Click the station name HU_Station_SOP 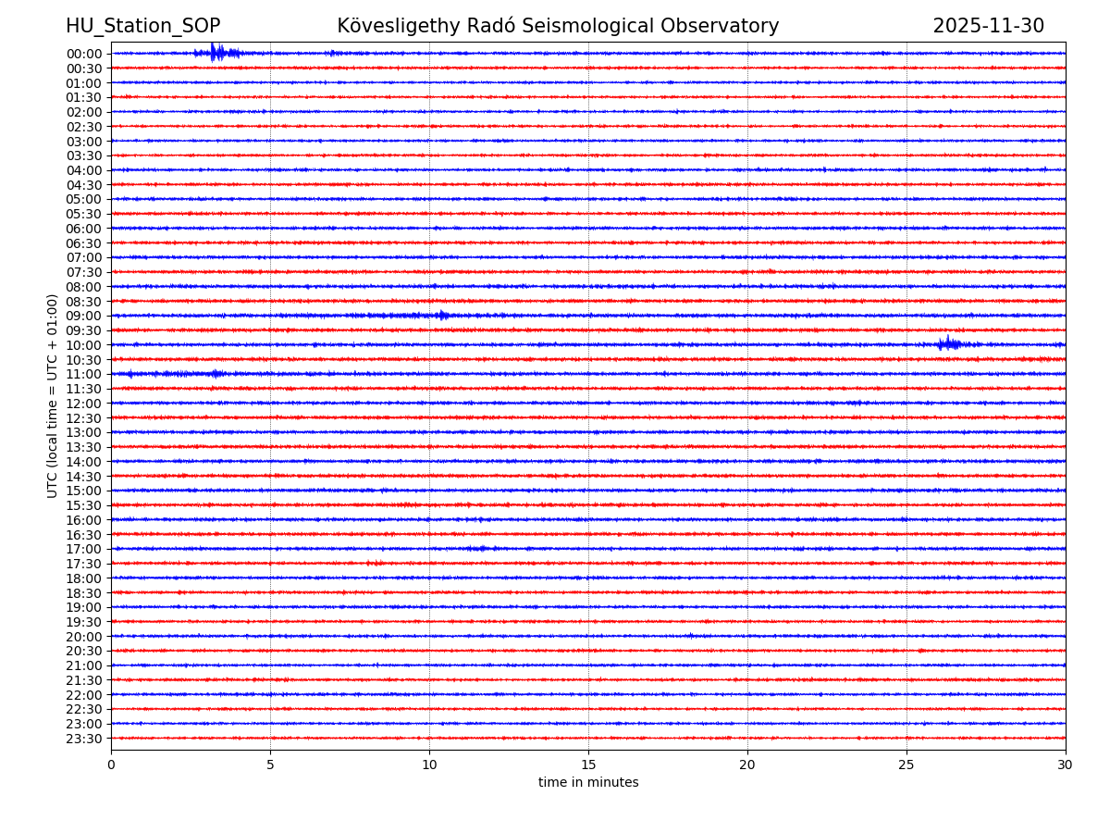click(142, 26)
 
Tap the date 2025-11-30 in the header click(988, 26)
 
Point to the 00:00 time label click(84, 54)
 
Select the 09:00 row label click(84, 316)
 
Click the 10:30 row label click(84, 360)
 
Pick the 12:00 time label click(84, 404)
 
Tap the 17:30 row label click(84, 564)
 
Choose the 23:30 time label click(84, 739)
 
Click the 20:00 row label click(84, 637)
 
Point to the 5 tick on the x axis click(270, 765)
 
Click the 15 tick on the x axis click(588, 765)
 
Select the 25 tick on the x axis click(906, 765)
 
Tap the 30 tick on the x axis click(1066, 765)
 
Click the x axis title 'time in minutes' click(588, 783)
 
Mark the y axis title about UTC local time click(54, 395)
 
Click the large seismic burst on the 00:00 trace click(216, 53)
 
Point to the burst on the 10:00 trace click(948, 344)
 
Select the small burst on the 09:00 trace click(442, 316)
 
